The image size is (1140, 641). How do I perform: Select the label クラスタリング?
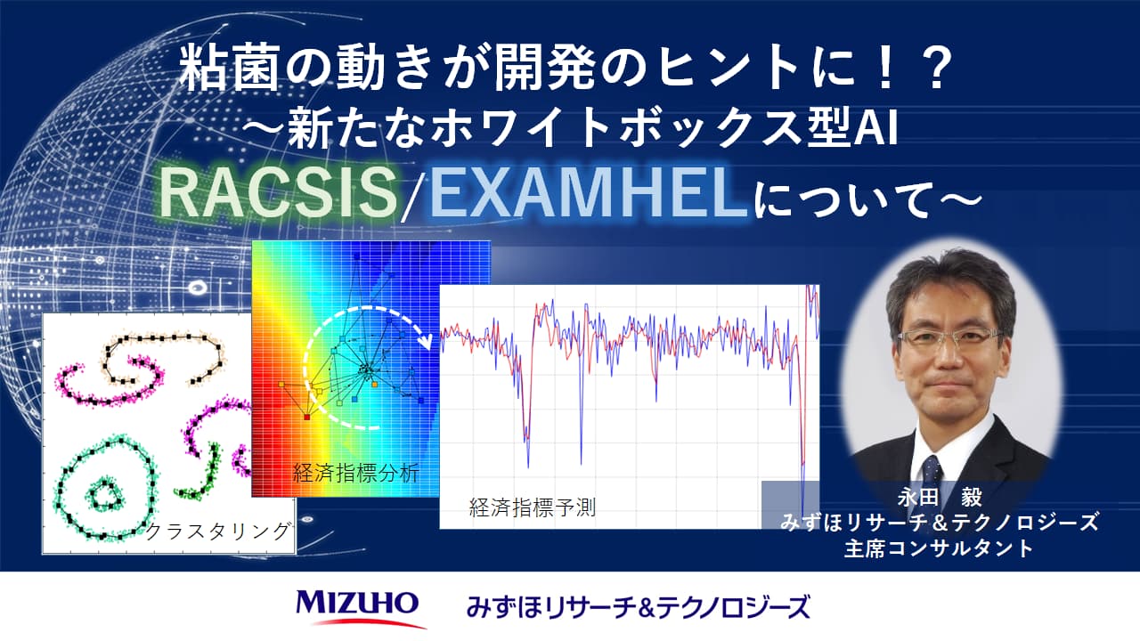point(218,531)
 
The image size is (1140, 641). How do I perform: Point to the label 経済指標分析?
point(355,474)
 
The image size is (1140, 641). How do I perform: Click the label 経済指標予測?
point(533,507)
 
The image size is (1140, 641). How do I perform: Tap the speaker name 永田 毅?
point(940,497)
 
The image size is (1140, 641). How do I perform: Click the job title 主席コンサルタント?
point(940,548)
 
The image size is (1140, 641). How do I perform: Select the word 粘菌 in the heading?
point(229,69)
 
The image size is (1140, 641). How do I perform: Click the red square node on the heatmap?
point(307,418)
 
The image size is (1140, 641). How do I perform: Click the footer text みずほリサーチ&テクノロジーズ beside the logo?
point(638,608)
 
